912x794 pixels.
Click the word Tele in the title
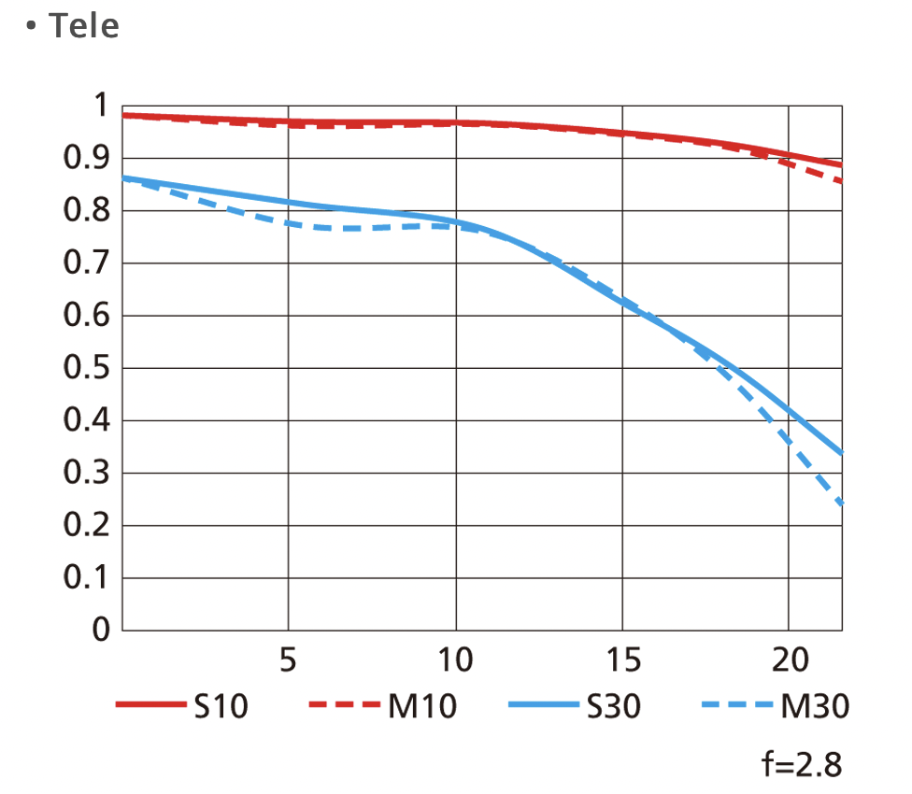pos(84,25)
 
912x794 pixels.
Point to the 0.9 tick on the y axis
pos(87,159)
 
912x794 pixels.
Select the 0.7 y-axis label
pos(87,263)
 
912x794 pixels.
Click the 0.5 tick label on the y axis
pos(87,368)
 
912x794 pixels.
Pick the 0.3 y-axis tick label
pos(87,473)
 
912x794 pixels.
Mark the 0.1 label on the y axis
pos(87,577)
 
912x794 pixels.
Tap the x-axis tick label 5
pos(288,661)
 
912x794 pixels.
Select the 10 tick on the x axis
pos(455,661)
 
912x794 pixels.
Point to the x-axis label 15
pos(621,661)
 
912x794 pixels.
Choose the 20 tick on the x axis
pos(789,661)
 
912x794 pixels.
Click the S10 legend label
pos(221,707)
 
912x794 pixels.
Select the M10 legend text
pos(422,707)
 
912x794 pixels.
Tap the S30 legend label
pos(613,707)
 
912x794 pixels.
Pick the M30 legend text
pos(815,707)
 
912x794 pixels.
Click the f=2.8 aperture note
pos(803,766)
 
